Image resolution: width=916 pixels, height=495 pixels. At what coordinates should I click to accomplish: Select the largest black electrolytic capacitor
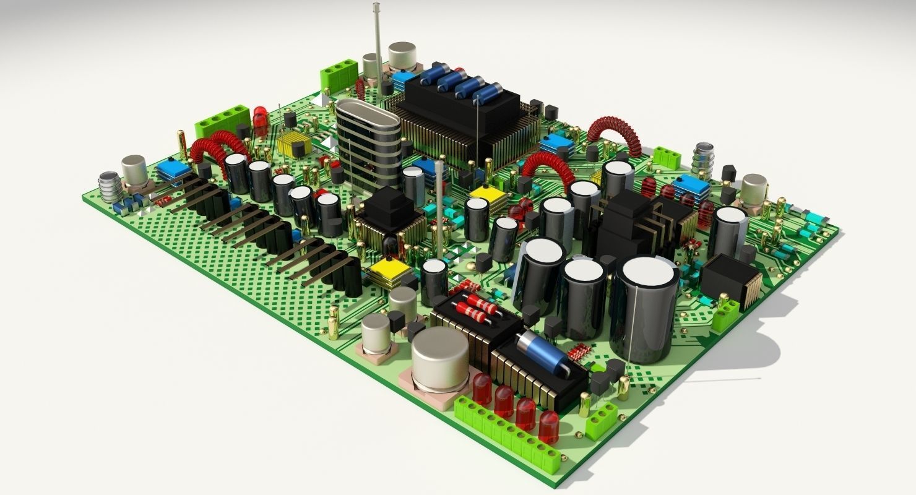644,309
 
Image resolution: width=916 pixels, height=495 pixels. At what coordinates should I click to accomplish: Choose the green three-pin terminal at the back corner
339,74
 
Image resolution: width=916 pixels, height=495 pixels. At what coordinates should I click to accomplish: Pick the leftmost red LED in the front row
482,389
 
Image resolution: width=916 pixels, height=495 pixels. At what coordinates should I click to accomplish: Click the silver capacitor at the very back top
402,56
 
